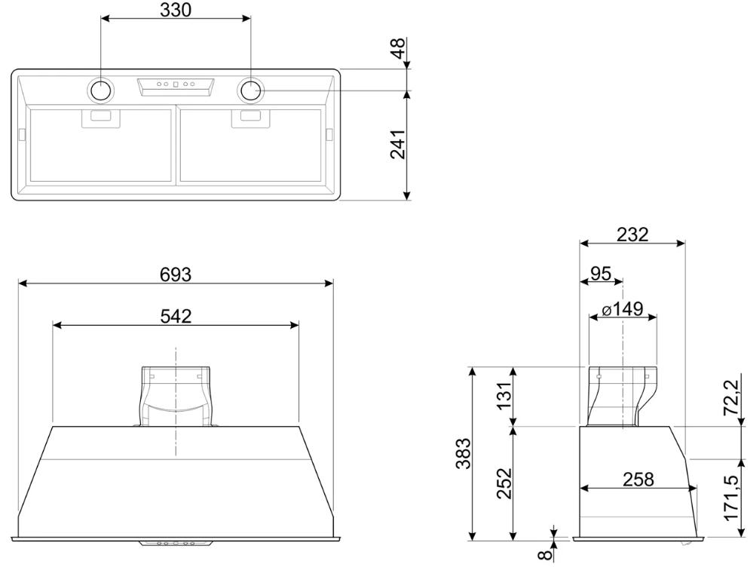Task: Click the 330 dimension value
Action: [176, 10]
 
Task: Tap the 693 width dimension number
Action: [176, 275]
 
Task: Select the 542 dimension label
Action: [176, 316]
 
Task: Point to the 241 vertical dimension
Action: [398, 144]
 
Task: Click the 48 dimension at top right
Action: [398, 48]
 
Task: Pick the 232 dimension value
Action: [632, 234]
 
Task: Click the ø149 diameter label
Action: [623, 309]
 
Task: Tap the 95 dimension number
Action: [601, 274]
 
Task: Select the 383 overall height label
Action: [464, 453]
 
